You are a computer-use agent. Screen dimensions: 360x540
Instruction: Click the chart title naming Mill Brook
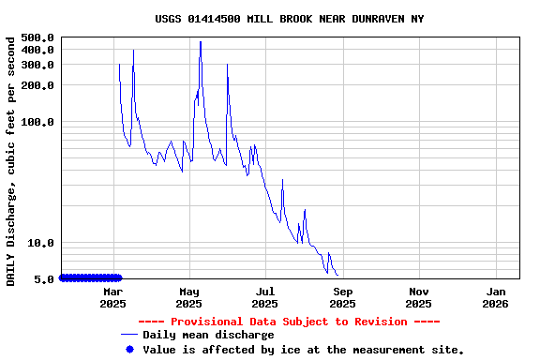(289, 19)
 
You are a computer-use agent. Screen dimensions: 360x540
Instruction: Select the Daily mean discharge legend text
(208, 335)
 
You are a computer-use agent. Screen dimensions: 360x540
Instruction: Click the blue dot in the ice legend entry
(129, 350)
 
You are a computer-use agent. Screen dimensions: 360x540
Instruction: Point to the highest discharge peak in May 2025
(201, 42)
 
